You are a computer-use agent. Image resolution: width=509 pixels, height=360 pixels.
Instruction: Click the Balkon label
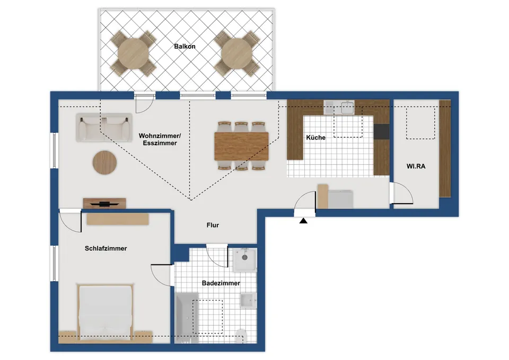tap(185, 47)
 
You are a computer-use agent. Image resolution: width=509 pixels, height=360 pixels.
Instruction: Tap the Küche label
tap(315, 138)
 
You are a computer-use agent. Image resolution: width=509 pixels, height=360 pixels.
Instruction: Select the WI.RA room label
tap(416, 166)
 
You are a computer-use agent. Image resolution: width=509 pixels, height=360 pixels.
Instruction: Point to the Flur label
tap(213, 225)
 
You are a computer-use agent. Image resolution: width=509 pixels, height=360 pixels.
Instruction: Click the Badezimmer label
tap(221, 283)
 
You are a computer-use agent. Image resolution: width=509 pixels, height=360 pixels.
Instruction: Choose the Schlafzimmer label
tap(106, 248)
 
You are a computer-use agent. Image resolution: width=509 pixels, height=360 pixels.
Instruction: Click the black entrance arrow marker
tap(303, 221)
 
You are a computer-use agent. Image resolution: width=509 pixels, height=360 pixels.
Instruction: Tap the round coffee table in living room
tap(104, 163)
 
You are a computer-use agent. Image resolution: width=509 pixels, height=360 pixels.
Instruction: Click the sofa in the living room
tap(104, 128)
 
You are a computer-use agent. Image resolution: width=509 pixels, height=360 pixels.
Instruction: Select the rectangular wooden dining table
tap(242, 146)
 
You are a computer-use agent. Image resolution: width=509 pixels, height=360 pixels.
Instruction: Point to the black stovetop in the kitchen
tap(381, 131)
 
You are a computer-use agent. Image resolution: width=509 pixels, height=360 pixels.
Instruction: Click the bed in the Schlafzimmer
tap(106, 313)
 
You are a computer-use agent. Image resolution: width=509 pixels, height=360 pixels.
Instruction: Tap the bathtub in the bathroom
tap(187, 318)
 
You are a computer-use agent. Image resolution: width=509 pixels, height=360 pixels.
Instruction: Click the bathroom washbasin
tap(249, 300)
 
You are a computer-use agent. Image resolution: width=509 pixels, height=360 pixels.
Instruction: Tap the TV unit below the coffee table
tap(104, 203)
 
